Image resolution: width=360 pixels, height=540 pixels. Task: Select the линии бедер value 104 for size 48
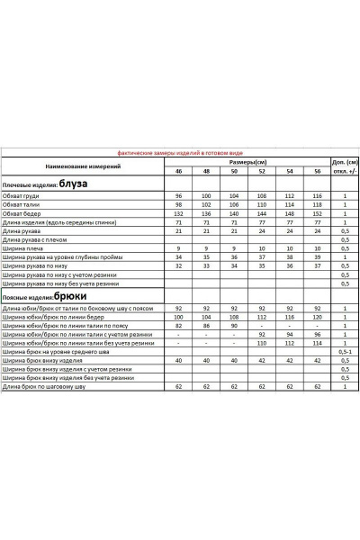click(x=206, y=317)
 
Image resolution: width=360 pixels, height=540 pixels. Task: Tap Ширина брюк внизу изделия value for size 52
click(x=262, y=359)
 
